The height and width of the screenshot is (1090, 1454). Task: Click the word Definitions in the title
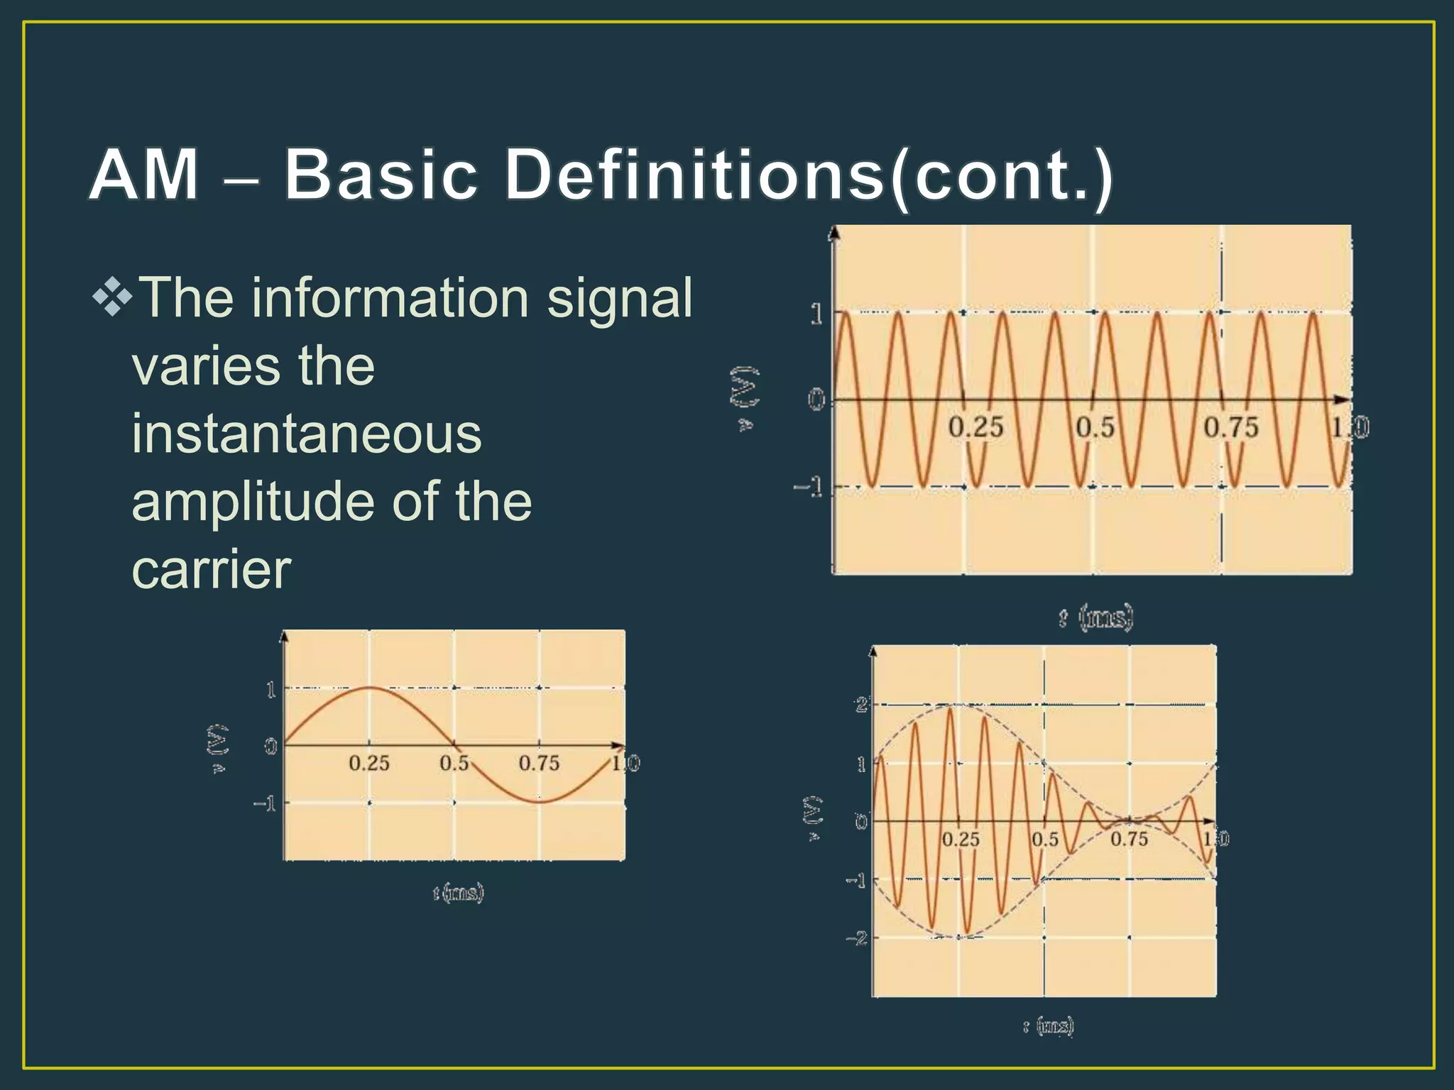(x=693, y=175)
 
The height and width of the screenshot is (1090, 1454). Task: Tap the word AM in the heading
(x=143, y=175)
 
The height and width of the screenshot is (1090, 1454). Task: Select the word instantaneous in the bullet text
(x=306, y=434)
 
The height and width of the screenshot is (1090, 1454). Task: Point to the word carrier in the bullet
(x=211, y=570)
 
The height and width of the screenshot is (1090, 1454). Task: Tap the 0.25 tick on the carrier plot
(x=975, y=428)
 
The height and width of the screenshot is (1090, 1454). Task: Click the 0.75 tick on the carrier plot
(x=1230, y=428)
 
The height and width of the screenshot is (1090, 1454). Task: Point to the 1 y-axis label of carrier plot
(x=816, y=314)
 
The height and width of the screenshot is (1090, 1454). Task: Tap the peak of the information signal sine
(x=369, y=688)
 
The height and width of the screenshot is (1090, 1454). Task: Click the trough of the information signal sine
(x=540, y=802)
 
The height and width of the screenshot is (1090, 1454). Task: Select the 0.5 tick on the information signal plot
(x=454, y=764)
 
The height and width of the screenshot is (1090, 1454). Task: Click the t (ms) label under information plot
(x=458, y=892)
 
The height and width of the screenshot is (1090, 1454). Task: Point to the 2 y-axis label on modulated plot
(x=861, y=705)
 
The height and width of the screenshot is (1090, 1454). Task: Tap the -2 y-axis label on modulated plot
(x=857, y=939)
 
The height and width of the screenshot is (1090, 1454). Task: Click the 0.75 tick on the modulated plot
(x=1128, y=839)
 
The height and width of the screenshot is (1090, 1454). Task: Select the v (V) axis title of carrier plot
(x=744, y=399)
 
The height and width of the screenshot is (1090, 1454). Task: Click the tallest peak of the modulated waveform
(x=949, y=708)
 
